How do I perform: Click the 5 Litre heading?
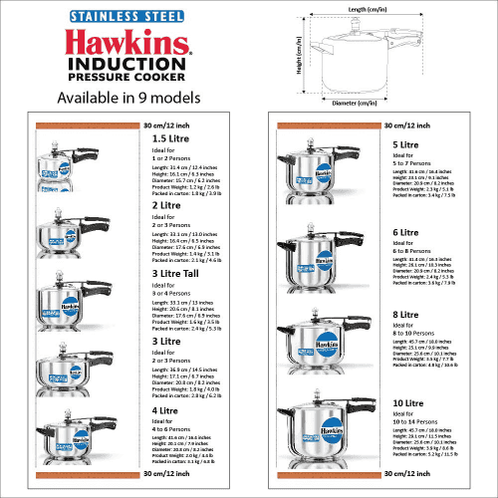coord(404,145)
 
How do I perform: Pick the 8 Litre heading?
coord(404,316)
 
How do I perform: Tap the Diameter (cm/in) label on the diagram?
coord(353,103)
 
